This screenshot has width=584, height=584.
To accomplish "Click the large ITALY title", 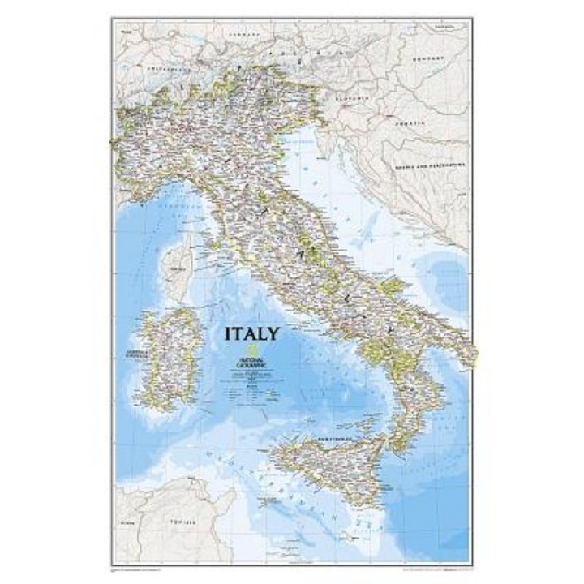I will click(x=254, y=333).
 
